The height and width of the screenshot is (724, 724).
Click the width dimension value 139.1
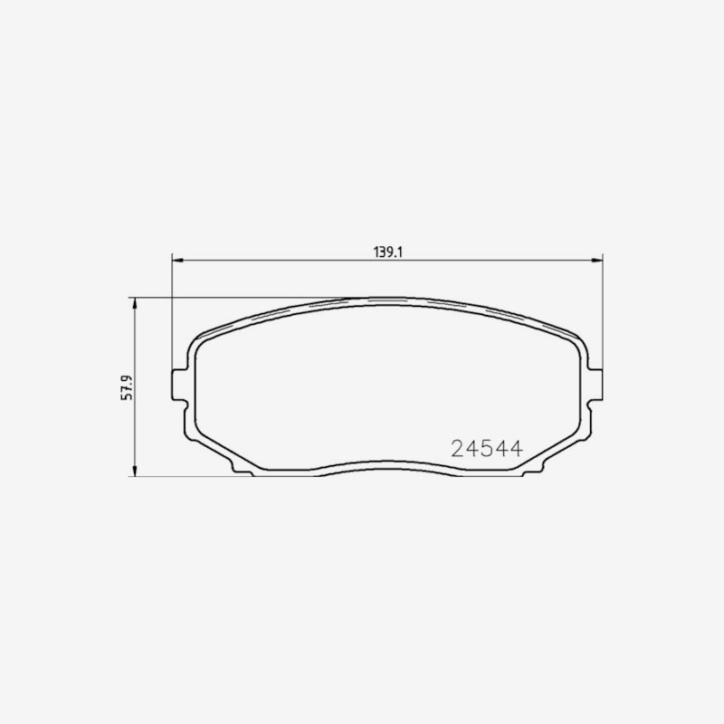[x=388, y=252]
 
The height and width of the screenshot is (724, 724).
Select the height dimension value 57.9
[x=127, y=387]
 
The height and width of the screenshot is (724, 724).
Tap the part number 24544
[x=487, y=448]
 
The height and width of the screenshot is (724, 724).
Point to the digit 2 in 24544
[x=458, y=448]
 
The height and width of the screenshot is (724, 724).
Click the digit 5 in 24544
[x=487, y=448]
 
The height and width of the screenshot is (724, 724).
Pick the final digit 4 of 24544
[x=516, y=448]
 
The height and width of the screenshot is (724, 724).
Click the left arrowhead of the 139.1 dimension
[x=177, y=261]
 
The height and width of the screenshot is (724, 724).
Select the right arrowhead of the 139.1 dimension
[x=597, y=261]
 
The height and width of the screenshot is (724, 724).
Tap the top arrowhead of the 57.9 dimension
[x=134, y=304]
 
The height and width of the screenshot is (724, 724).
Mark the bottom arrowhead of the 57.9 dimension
[x=134, y=470]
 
